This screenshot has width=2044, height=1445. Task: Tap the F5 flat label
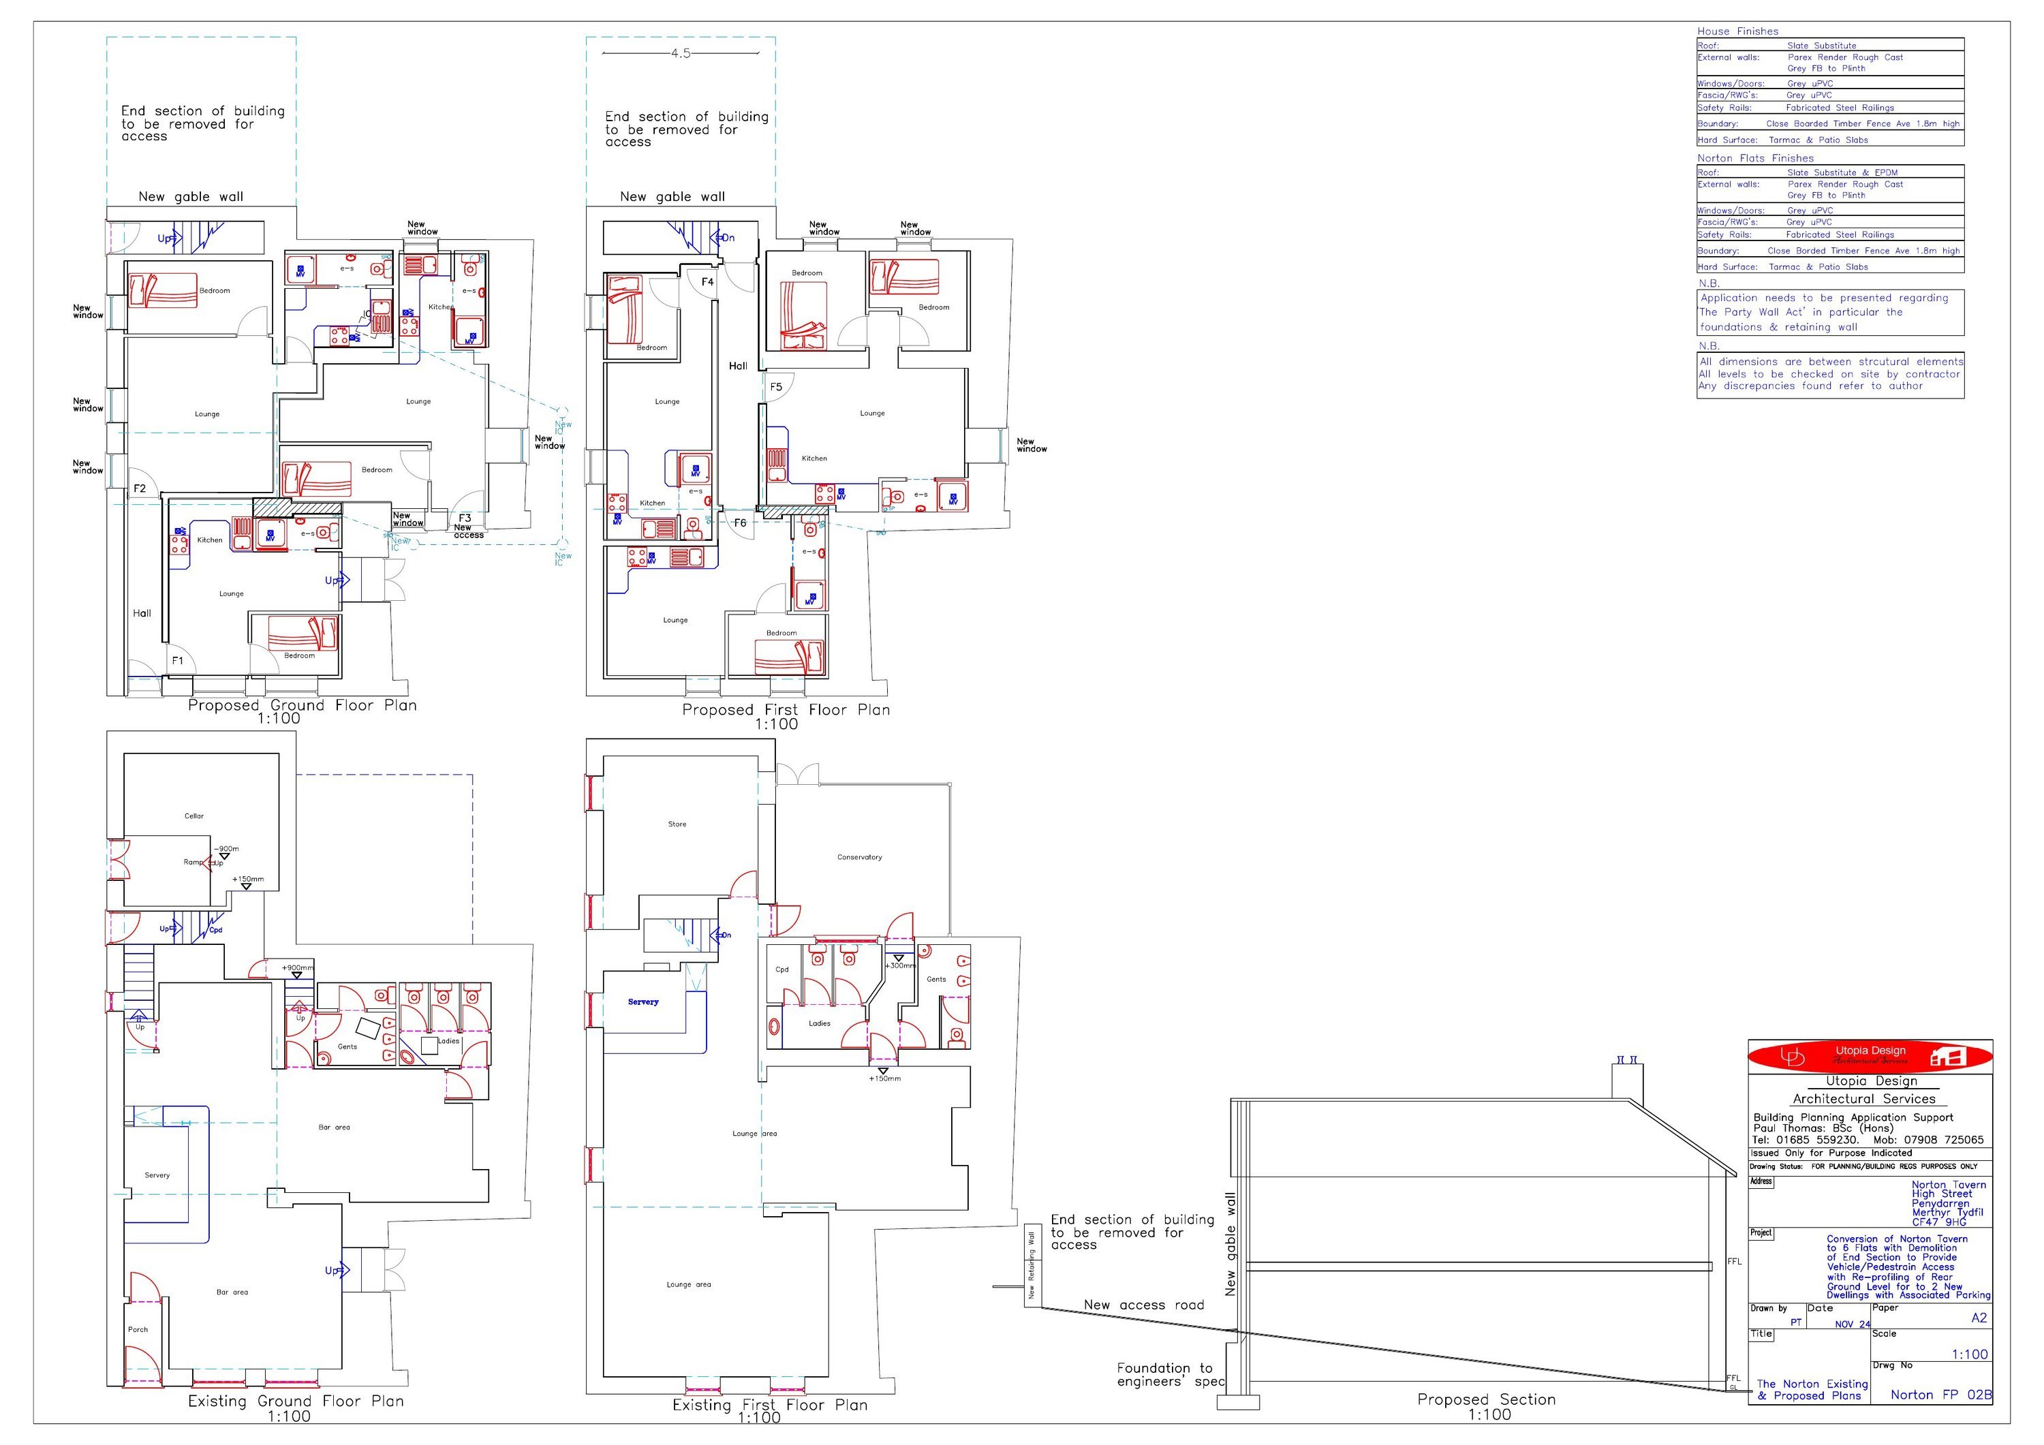tap(776, 386)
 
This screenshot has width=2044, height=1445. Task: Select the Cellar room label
tap(194, 815)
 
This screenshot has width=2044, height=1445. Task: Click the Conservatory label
tap(859, 857)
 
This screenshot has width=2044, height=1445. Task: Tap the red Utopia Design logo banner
tap(1870, 1056)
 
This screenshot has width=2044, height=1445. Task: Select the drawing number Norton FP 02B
tap(1940, 1395)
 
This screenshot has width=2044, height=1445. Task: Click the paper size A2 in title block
tap(1978, 1318)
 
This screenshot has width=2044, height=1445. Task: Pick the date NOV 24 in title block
tap(1853, 1324)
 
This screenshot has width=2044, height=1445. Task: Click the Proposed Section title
tap(1486, 1399)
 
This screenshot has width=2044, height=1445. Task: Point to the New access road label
tap(1143, 1305)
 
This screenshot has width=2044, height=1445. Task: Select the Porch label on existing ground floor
tap(138, 1329)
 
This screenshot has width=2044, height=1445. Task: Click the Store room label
tap(677, 824)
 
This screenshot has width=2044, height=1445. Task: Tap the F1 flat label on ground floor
tap(177, 661)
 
